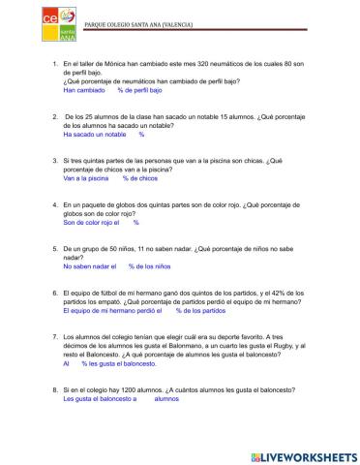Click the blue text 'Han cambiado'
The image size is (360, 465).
point(83,90)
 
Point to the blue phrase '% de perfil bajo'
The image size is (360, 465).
point(139,90)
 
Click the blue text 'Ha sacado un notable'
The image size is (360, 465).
point(95,136)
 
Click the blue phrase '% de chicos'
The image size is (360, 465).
point(141,179)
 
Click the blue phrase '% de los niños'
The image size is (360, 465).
point(150,266)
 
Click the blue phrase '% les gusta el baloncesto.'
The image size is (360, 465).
point(118,363)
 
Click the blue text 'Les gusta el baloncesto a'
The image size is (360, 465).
point(100,398)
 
